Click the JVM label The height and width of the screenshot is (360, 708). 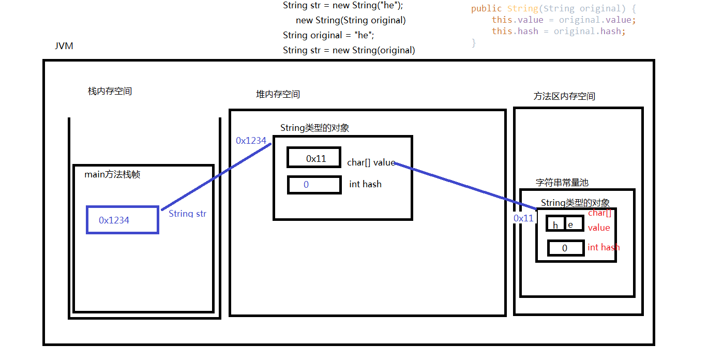point(64,46)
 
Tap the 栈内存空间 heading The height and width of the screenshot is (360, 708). point(110,92)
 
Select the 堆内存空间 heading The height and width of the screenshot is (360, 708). point(278,95)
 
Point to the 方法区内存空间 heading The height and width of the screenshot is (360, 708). point(564,97)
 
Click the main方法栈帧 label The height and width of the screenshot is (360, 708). point(112,175)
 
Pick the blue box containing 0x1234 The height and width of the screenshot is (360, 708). point(123,220)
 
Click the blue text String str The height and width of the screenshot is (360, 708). point(187,214)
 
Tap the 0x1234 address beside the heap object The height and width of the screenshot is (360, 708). point(251,141)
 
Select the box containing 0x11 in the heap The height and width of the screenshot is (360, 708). point(314,158)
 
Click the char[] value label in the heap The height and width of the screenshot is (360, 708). point(371,163)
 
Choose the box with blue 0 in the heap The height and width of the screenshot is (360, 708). point(314,185)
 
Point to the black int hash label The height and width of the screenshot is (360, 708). point(365,184)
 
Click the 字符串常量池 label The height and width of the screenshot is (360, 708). point(562,183)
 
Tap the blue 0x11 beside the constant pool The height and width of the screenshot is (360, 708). point(523,218)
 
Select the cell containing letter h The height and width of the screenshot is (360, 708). point(556,224)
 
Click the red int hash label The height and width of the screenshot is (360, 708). point(604,247)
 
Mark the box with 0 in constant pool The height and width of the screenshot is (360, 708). point(565,248)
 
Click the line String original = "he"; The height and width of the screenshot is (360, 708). point(328,35)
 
